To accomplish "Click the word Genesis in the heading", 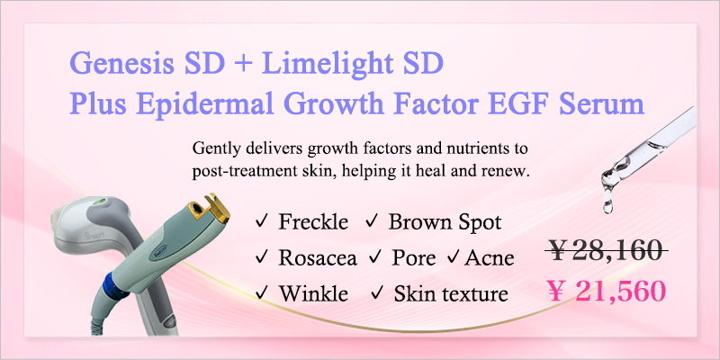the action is [x=121, y=64].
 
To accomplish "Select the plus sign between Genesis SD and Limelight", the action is [x=243, y=65].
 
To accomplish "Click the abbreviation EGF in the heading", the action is [x=522, y=103].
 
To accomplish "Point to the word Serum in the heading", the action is [x=602, y=104].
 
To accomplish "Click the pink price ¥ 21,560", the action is [x=607, y=291].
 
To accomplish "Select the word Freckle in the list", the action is [x=313, y=222].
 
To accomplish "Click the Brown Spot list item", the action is [x=445, y=222].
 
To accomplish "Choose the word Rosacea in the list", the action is [x=318, y=258].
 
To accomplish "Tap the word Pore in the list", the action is [x=413, y=258].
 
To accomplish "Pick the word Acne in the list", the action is [x=489, y=258].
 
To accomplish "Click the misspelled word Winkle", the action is [x=313, y=293].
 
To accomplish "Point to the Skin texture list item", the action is [x=451, y=293].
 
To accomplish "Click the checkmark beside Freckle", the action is [x=261, y=222].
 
